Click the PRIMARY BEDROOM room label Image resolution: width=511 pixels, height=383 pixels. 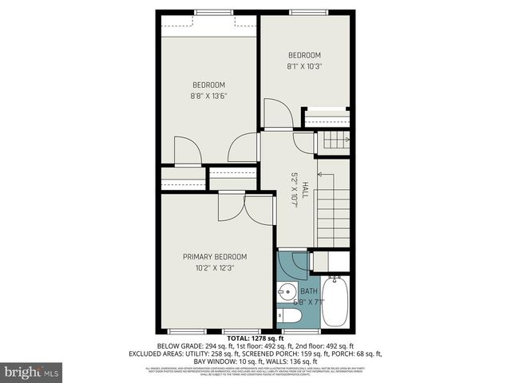(x=215, y=256)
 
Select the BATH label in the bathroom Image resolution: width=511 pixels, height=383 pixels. (x=308, y=291)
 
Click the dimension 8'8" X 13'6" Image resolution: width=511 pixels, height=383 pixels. (x=208, y=97)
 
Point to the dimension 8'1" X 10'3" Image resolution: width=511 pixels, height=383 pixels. (x=304, y=66)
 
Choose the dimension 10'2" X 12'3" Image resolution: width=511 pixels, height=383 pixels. (x=215, y=268)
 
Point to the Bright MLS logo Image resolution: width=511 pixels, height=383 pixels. (x=32, y=372)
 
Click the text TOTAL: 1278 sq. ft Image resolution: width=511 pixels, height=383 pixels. (x=255, y=339)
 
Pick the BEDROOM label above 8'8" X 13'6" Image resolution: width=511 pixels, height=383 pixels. (x=208, y=85)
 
